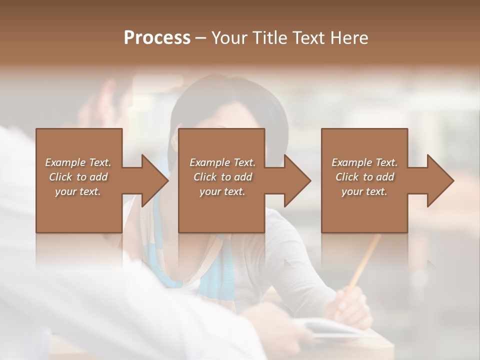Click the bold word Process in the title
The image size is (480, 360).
[157, 38]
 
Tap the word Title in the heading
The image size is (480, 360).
[268, 38]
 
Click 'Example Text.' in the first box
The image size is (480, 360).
[78, 162]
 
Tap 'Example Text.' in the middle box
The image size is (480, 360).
[222, 162]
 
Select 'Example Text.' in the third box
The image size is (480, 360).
[364, 162]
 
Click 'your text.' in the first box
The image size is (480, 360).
[78, 191]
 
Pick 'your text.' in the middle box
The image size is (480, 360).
[222, 191]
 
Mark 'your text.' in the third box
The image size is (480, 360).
[364, 191]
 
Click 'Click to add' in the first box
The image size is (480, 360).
[78, 177]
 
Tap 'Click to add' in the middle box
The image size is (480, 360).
[222, 177]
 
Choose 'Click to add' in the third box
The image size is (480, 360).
[364, 177]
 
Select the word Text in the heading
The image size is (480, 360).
[307, 38]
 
